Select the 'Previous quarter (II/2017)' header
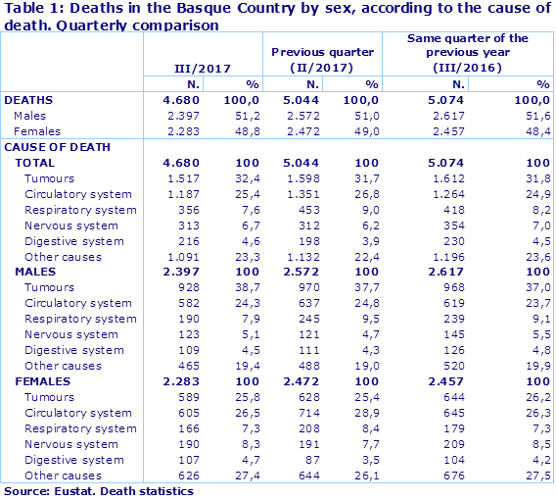[323, 59]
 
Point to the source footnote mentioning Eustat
[98, 491]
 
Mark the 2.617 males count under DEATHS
[424, 116]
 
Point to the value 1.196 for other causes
[424, 257]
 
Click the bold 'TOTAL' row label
[36, 163]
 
